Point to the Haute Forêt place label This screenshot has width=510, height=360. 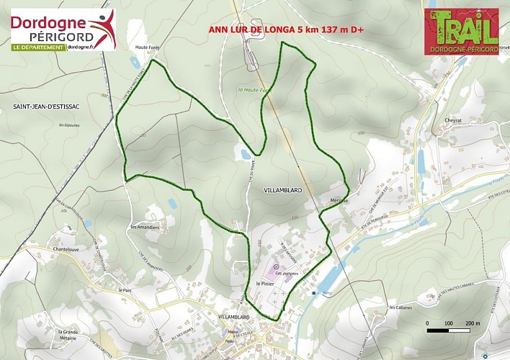[x=146, y=48]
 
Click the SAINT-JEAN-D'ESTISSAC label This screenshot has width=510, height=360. [x=45, y=107]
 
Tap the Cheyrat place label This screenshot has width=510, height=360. [x=454, y=121]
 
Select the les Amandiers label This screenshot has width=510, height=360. [x=144, y=227]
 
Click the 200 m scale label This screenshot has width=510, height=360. [x=473, y=323]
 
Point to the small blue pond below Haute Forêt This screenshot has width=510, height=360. [x=135, y=63]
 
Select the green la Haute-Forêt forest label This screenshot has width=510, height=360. [x=251, y=90]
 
